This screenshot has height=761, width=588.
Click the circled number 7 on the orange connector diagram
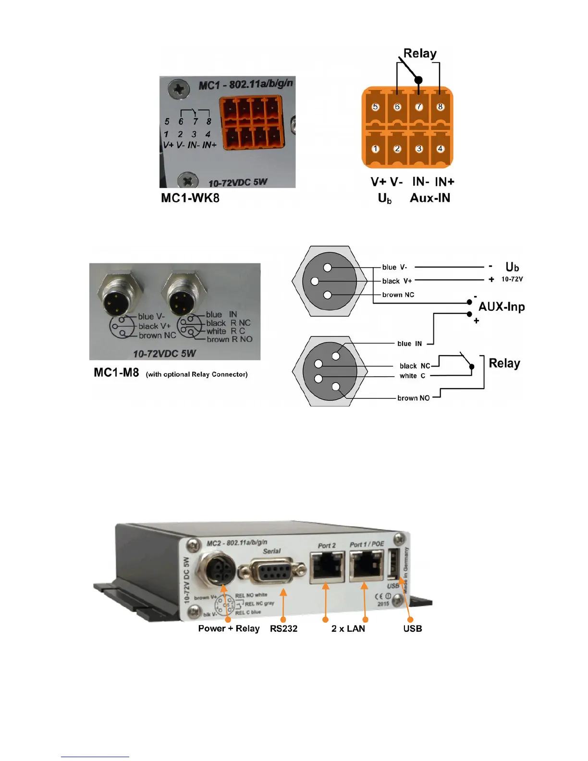pyautogui.click(x=419, y=107)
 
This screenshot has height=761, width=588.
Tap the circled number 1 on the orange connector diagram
pyautogui.click(x=376, y=149)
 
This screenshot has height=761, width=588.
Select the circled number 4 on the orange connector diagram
pyautogui.click(x=440, y=149)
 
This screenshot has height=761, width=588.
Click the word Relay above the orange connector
pyautogui.click(x=420, y=53)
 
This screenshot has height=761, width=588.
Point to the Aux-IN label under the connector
pyautogui.click(x=430, y=198)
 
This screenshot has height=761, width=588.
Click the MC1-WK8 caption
pyautogui.click(x=190, y=198)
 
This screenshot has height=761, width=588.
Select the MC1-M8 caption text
pyautogui.click(x=116, y=372)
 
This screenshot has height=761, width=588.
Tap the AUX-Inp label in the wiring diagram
pyautogui.click(x=502, y=307)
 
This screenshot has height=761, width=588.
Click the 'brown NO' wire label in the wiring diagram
pyautogui.click(x=413, y=398)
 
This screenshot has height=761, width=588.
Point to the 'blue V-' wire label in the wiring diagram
pyautogui.click(x=394, y=267)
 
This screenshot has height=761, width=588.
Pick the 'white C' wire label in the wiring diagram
pyautogui.click(x=412, y=376)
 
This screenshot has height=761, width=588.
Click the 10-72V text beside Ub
pyautogui.click(x=512, y=279)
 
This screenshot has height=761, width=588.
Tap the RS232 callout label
pyautogui.click(x=283, y=628)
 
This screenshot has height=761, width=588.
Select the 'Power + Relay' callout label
pyautogui.click(x=229, y=628)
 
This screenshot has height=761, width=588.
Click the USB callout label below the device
pyautogui.click(x=413, y=628)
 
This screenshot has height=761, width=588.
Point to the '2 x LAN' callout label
pyautogui.click(x=348, y=628)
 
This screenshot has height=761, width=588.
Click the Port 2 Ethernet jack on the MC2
pyautogui.click(x=327, y=567)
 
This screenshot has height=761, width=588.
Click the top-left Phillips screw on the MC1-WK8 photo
pyautogui.click(x=179, y=89)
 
